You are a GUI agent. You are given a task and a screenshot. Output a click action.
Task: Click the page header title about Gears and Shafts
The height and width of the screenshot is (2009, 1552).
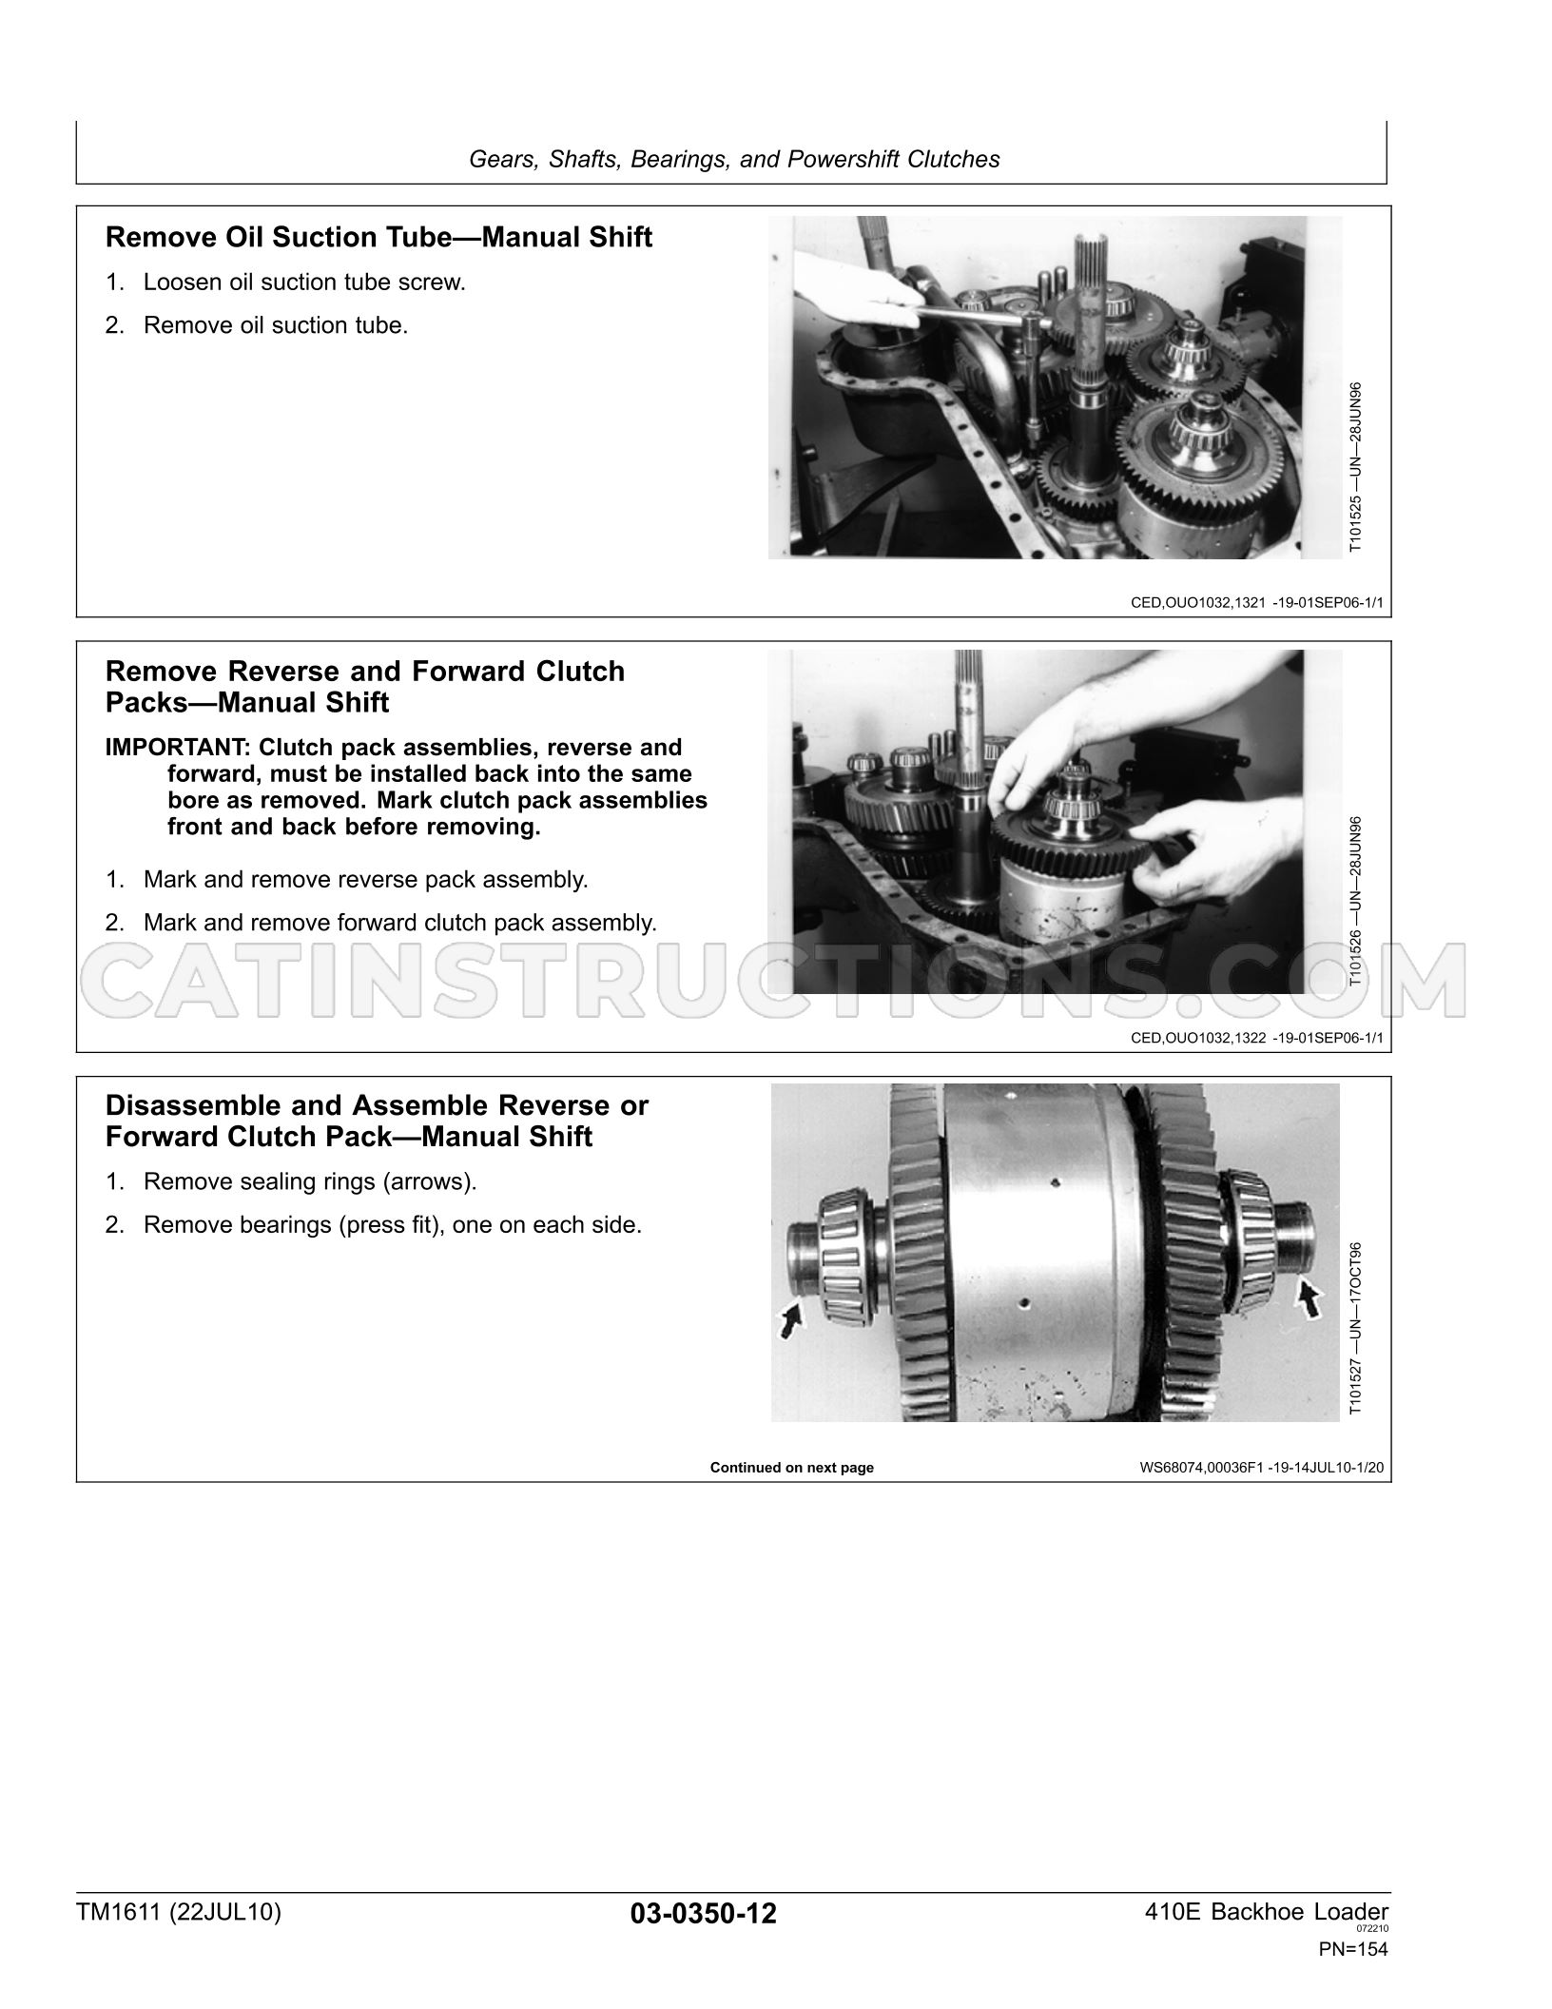click(734, 159)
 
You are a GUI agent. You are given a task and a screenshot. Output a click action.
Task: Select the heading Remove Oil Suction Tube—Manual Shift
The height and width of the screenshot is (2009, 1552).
click(378, 237)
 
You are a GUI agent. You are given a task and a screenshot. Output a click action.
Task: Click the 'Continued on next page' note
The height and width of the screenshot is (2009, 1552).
click(792, 1468)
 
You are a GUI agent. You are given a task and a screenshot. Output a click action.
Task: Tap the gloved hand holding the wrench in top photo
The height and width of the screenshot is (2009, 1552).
click(855, 289)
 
